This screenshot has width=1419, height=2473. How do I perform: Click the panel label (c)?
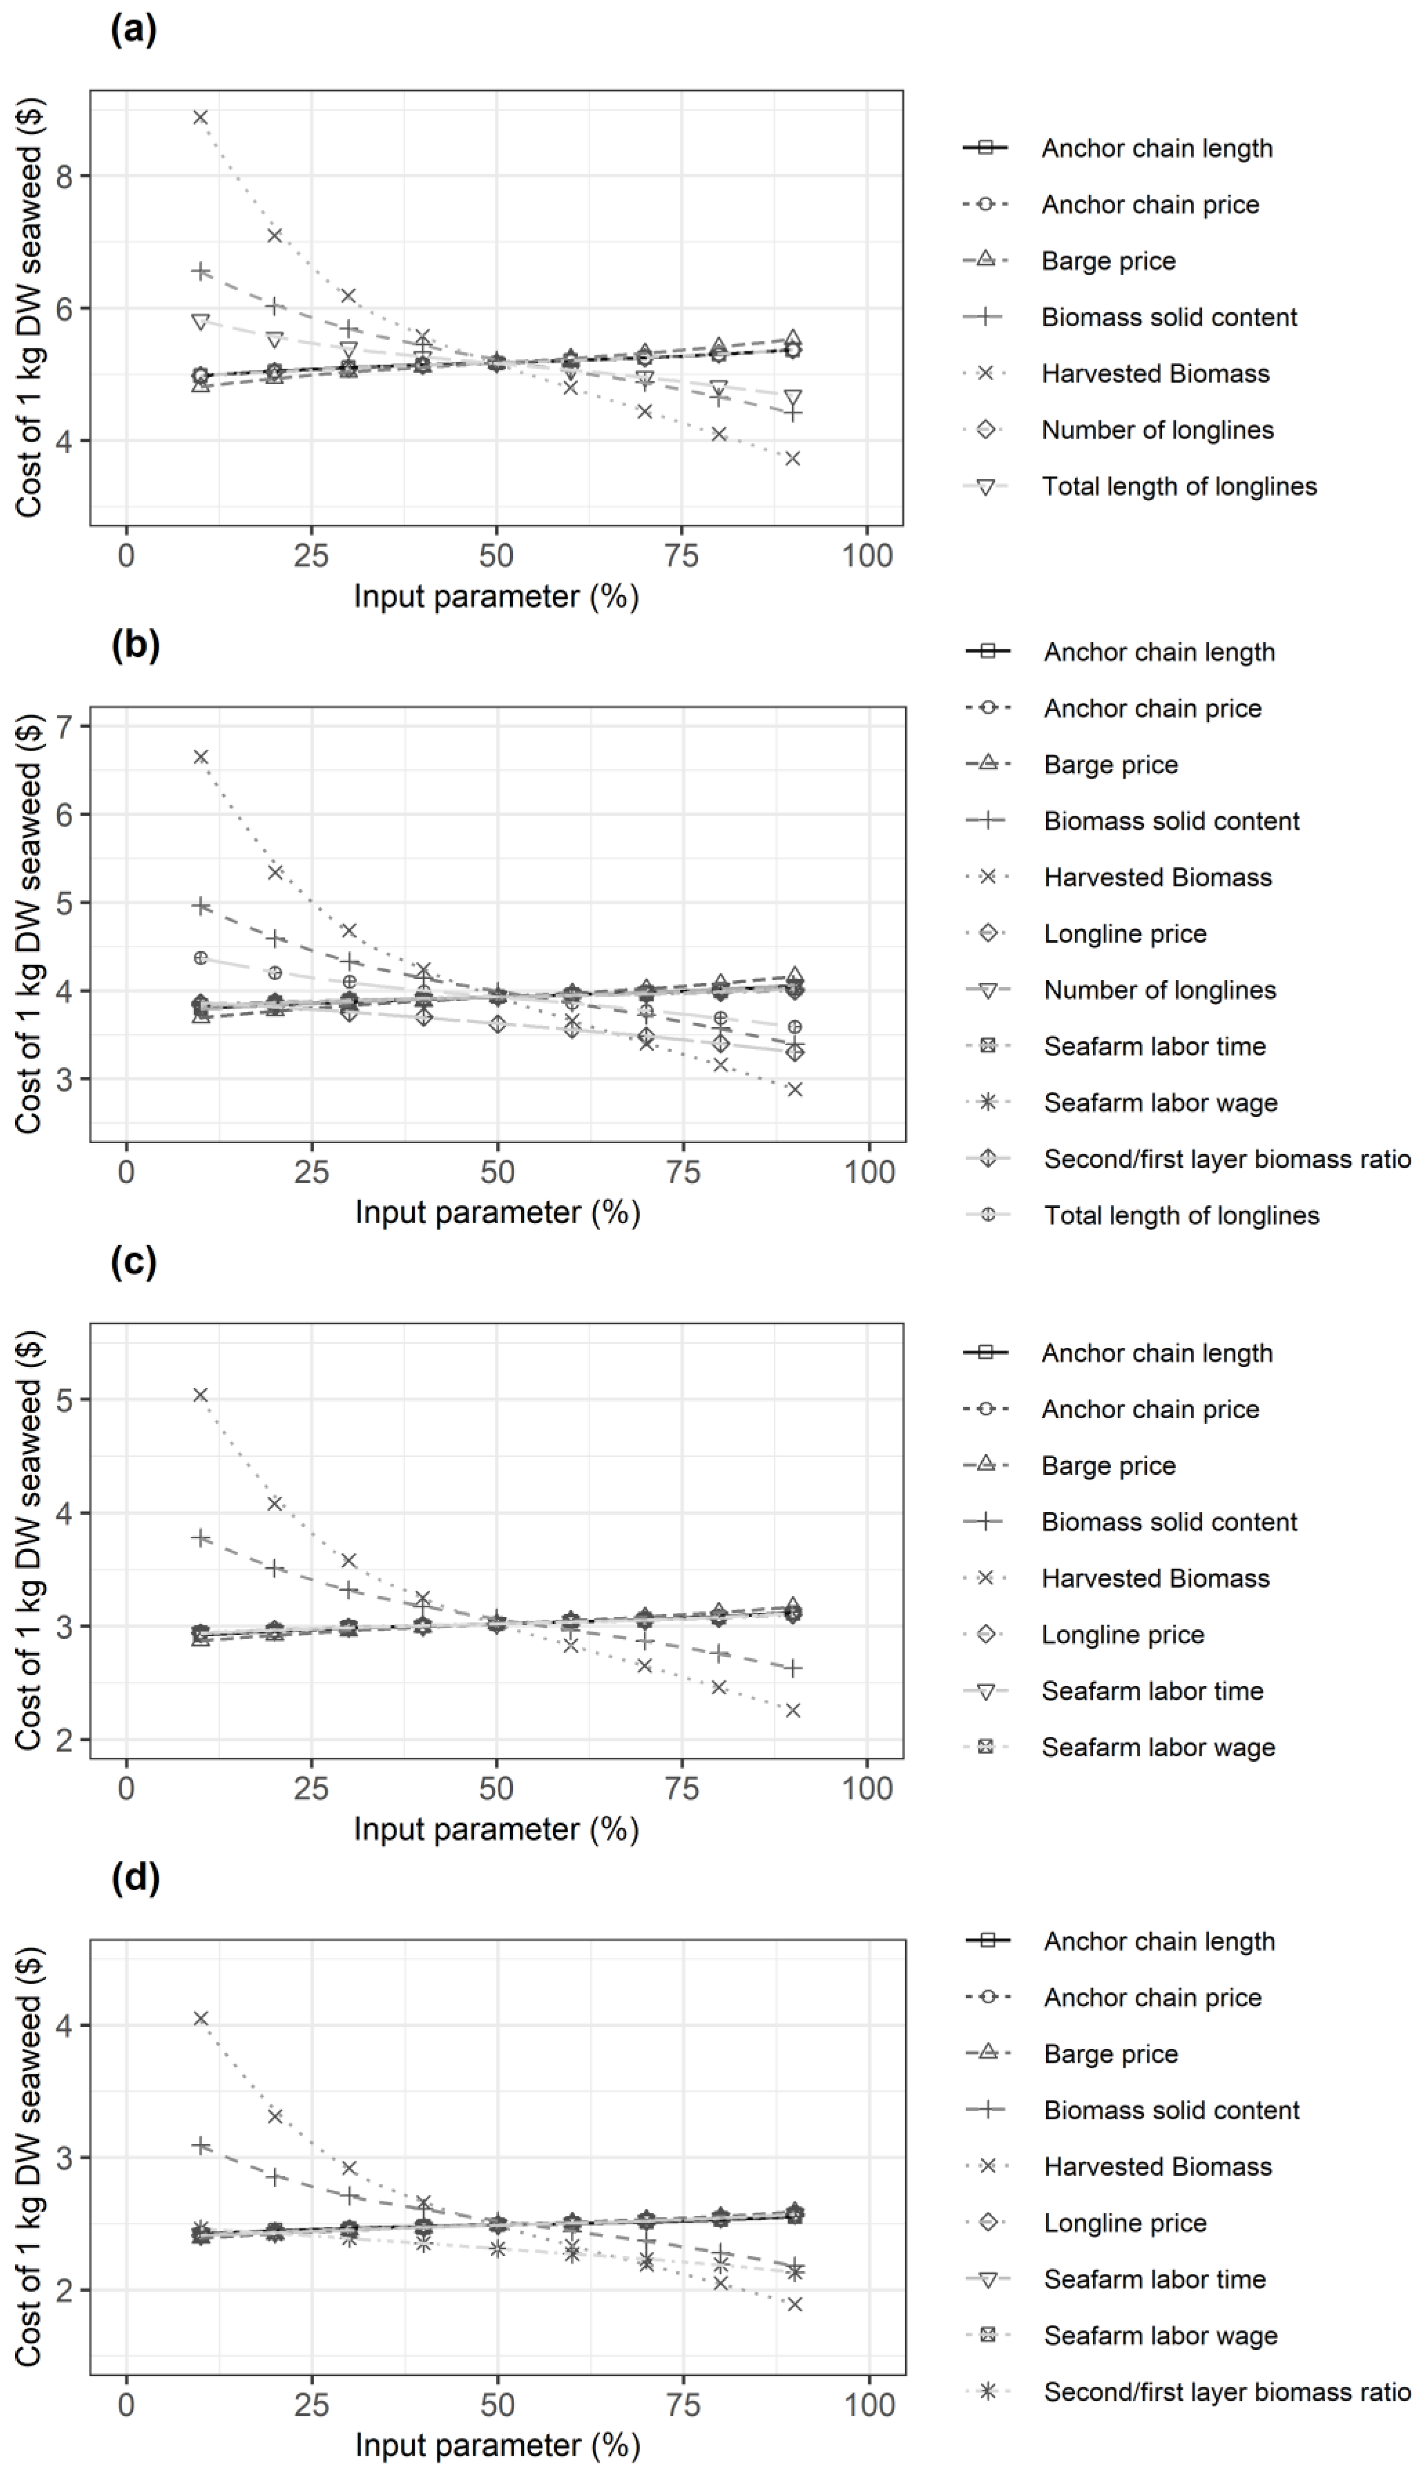click(x=133, y=1262)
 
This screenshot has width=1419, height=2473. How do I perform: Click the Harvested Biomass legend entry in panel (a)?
click(x=1155, y=373)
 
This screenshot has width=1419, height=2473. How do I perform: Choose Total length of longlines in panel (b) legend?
click(x=1181, y=1215)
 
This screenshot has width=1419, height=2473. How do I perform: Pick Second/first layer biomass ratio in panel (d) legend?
click(x=1226, y=2392)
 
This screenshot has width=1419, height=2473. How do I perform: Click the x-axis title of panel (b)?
click(x=497, y=1213)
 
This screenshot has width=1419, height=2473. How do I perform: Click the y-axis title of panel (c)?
click(x=29, y=1540)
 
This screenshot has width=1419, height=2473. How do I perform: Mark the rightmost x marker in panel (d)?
click(x=794, y=2305)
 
